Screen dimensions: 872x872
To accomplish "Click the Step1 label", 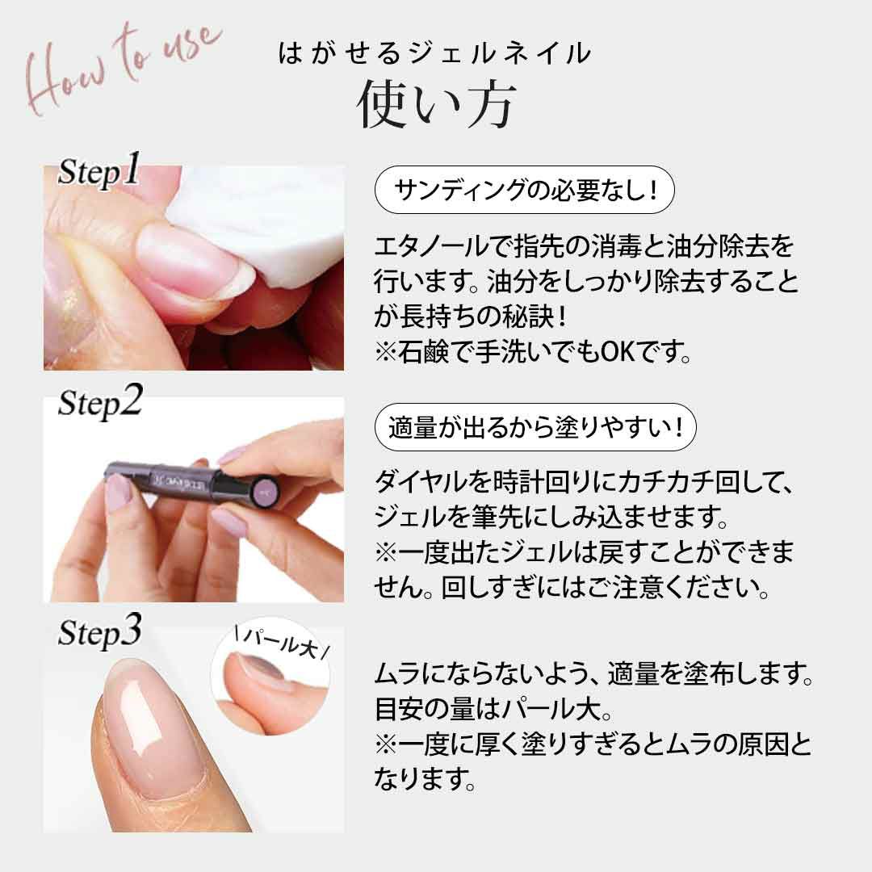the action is pyautogui.click(x=99, y=170).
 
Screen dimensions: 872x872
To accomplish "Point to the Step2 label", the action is pyautogui.click(x=100, y=401).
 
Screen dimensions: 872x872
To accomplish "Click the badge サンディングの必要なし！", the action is pyautogui.click(x=525, y=191).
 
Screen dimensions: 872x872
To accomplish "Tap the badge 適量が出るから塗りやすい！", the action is pyautogui.click(x=535, y=427).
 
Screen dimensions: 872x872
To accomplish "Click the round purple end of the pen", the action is pyautogui.click(x=266, y=489).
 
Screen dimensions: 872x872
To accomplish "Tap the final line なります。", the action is pyautogui.click(x=426, y=778).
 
